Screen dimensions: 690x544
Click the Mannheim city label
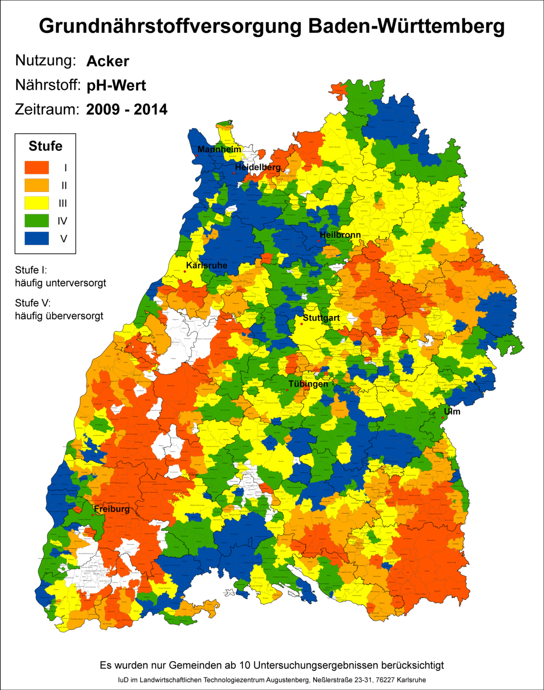point(219,150)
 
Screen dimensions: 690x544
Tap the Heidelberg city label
point(257,167)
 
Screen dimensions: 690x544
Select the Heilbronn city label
point(340,235)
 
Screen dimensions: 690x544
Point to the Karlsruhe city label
point(207,266)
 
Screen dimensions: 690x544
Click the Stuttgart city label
point(321,318)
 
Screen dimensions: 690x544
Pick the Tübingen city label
point(308,384)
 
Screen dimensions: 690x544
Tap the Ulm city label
point(452,412)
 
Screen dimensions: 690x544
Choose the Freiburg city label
point(111,509)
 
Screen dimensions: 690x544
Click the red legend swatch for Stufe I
point(37,168)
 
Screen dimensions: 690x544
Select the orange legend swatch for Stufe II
point(37,185)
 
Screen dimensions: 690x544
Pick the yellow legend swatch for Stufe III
point(37,203)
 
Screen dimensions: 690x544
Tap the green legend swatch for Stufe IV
point(37,221)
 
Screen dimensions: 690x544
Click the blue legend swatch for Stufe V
point(37,238)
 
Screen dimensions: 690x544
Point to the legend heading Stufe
point(45,146)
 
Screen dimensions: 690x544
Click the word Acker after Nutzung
point(108,61)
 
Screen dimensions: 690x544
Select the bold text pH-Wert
point(116,85)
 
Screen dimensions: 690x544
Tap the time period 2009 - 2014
point(127,109)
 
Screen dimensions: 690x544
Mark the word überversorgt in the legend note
point(75,316)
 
